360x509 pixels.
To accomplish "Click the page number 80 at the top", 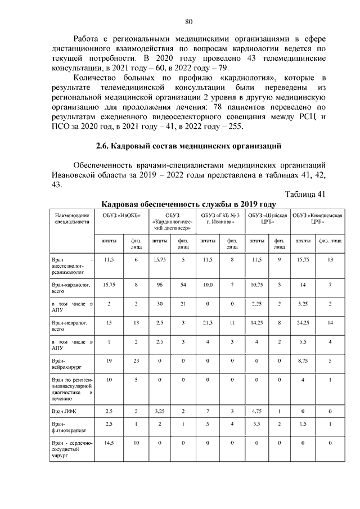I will (x=188, y=22).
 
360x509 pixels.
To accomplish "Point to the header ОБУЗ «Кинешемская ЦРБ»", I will (x=318, y=219).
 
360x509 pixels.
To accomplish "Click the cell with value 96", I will (x=159, y=285).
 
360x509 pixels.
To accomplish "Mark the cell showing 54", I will (x=183, y=285).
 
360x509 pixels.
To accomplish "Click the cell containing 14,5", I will (x=109, y=443).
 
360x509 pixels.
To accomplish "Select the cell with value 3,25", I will (x=159, y=412).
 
